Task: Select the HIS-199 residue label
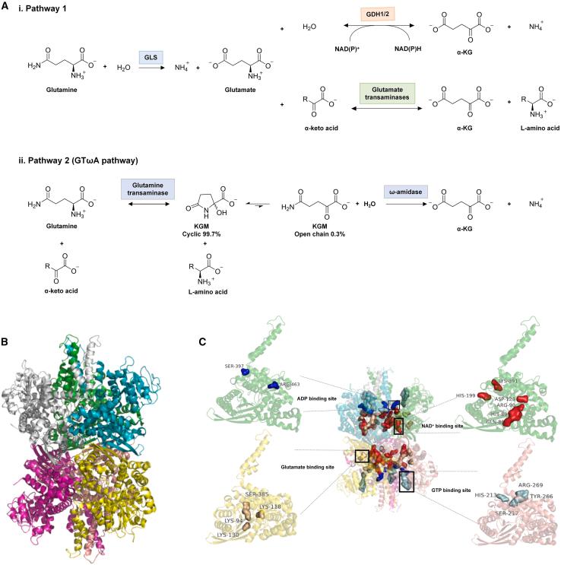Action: coord(466,395)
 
